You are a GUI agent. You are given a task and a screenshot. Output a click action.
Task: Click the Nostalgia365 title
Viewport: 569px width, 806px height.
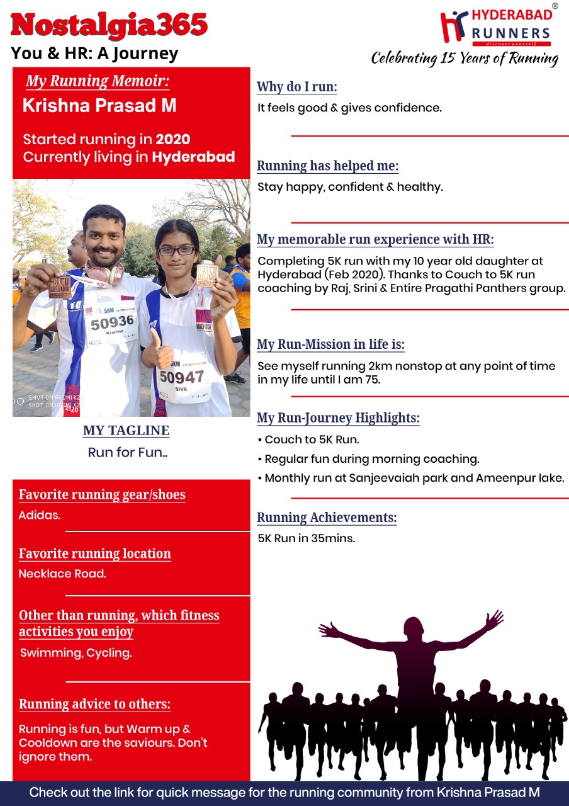(x=109, y=25)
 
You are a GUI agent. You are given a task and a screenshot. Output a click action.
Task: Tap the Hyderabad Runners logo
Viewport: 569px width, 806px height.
(x=496, y=28)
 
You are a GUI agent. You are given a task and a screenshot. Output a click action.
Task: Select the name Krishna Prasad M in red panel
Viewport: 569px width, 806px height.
(x=99, y=106)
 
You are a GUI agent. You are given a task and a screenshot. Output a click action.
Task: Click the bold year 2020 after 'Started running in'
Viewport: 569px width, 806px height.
(x=173, y=139)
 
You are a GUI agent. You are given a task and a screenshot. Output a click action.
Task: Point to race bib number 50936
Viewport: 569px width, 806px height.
(x=112, y=322)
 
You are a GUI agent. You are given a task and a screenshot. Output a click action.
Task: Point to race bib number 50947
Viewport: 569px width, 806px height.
(x=181, y=377)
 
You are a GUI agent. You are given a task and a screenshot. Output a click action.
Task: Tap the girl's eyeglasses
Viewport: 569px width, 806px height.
(x=177, y=251)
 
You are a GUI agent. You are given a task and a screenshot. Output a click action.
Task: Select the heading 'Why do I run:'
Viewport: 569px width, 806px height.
(x=297, y=87)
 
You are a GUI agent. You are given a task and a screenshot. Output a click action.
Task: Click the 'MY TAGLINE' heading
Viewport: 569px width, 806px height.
(x=126, y=431)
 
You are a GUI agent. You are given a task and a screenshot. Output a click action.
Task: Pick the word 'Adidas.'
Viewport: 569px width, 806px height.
(x=40, y=515)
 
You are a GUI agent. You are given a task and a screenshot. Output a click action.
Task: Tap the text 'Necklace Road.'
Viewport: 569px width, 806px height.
(x=62, y=574)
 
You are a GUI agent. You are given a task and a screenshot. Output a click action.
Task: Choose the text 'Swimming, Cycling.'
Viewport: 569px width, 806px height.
(x=76, y=653)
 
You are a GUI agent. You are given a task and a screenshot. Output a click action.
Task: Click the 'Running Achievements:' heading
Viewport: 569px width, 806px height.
(x=327, y=518)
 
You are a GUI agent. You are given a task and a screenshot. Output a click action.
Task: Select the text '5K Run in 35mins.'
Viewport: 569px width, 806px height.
(x=307, y=538)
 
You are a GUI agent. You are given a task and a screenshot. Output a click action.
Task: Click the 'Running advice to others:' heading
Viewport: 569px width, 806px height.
(x=94, y=704)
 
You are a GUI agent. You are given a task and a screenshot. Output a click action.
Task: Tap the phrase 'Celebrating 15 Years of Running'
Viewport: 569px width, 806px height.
(x=465, y=59)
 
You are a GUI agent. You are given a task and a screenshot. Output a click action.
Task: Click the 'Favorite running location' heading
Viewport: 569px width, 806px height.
(x=94, y=553)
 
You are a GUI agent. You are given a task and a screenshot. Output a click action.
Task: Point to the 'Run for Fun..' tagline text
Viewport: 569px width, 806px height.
(x=128, y=452)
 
